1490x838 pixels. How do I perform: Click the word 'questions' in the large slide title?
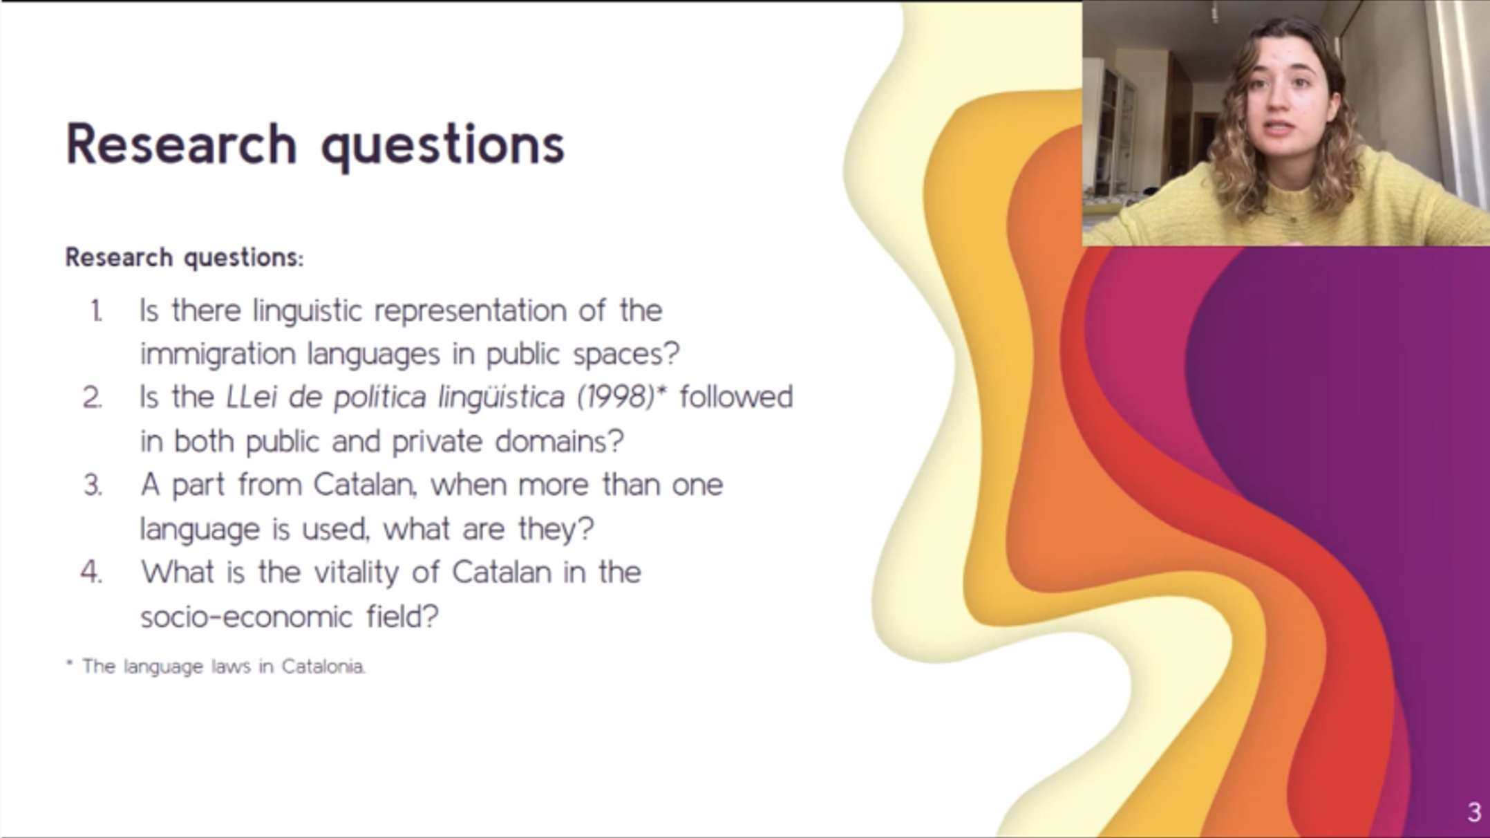[x=443, y=145]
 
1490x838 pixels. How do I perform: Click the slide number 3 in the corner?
[x=1473, y=812]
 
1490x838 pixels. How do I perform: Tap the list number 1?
[x=97, y=311]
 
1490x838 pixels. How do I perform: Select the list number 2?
[x=93, y=398]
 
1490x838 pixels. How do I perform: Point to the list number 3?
[x=93, y=485]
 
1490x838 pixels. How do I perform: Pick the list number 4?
[x=92, y=572]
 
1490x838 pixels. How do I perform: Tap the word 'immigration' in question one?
[x=218, y=354]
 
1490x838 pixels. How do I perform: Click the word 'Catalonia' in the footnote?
[x=323, y=667]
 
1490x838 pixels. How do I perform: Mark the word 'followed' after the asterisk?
[x=736, y=397]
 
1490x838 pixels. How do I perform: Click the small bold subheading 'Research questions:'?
[x=185, y=258]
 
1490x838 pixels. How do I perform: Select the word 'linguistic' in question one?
[x=307, y=310]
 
